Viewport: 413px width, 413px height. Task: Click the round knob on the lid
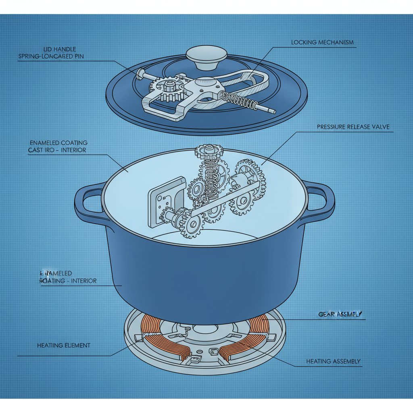pos(206,57)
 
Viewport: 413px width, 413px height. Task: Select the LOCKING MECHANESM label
pos(322,42)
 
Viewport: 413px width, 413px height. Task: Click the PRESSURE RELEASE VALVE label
pos(353,127)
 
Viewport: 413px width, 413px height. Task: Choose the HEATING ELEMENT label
pos(64,346)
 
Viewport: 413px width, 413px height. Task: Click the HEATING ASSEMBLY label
pos(333,361)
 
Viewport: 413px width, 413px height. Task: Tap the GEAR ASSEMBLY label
pos(340,314)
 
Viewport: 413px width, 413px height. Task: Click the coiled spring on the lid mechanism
pos(240,100)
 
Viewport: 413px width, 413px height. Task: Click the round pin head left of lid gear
pos(141,73)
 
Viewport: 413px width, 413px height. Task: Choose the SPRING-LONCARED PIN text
pos(51,56)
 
